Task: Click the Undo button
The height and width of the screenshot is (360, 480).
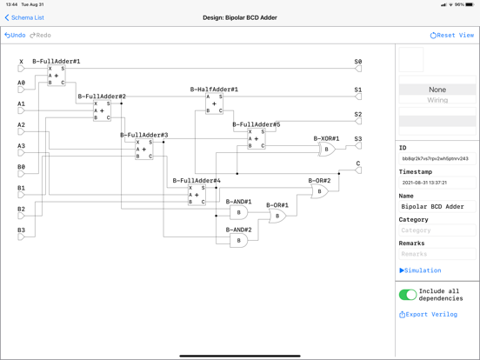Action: [15, 36]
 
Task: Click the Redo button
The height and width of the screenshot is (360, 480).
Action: [41, 36]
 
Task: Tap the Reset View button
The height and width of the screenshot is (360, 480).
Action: [451, 36]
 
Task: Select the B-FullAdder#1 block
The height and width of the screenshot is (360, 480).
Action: [57, 76]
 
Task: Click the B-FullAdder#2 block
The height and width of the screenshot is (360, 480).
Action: [102, 110]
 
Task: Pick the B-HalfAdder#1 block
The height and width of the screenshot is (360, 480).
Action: [214, 103]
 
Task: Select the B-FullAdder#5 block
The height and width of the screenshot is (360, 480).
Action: [256, 139]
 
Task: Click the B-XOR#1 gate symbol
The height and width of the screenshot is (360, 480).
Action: [327, 150]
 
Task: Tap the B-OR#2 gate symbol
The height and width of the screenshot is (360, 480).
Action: [320, 191]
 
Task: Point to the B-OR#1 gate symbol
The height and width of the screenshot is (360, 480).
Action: [277, 216]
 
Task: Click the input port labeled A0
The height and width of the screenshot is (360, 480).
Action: [22, 90]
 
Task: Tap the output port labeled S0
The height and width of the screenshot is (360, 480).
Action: [357, 69]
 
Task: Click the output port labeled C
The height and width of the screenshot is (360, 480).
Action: [357, 170]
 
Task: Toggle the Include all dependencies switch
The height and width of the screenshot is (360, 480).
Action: [407, 295]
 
